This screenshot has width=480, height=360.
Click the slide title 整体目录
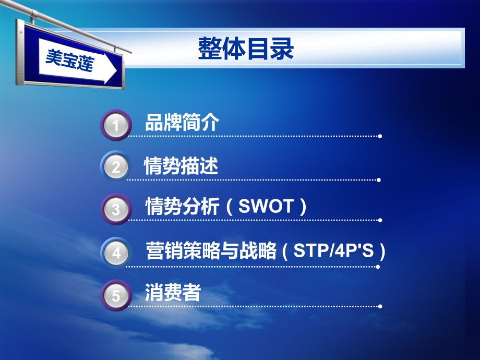click(x=246, y=49)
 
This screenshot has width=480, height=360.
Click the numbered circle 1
click(x=115, y=125)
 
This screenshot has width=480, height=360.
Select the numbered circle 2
click(x=115, y=167)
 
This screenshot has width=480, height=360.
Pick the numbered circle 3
click(x=115, y=209)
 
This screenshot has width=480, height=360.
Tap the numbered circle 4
click(x=115, y=253)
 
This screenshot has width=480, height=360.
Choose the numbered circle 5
click(x=115, y=295)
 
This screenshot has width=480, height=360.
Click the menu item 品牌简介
click(x=182, y=123)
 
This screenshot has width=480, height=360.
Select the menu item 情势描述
click(x=181, y=166)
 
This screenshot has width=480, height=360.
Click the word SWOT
click(x=266, y=207)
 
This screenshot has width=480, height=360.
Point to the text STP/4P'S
click(x=334, y=251)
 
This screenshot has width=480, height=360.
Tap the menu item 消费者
click(x=173, y=293)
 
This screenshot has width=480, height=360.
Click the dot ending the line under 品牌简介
click(x=380, y=136)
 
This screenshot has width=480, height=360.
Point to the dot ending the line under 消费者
click(x=380, y=306)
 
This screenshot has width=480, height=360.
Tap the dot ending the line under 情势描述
click(x=379, y=180)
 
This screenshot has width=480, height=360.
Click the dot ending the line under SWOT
click(x=380, y=220)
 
